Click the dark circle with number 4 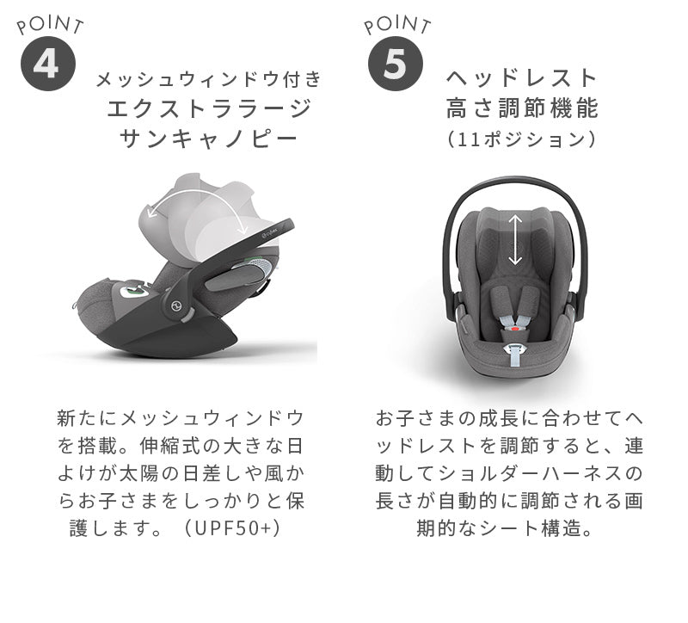click(x=48, y=64)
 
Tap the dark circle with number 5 click(x=396, y=64)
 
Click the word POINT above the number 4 click(x=50, y=26)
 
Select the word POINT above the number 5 click(x=397, y=26)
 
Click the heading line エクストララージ click(x=209, y=108)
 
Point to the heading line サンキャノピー click(x=209, y=139)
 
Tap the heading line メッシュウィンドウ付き click(x=209, y=79)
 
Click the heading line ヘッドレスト click(x=522, y=78)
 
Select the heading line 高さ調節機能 click(x=522, y=108)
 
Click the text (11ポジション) click(x=522, y=139)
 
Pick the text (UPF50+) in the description click(x=231, y=528)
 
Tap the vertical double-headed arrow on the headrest click(x=515, y=240)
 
